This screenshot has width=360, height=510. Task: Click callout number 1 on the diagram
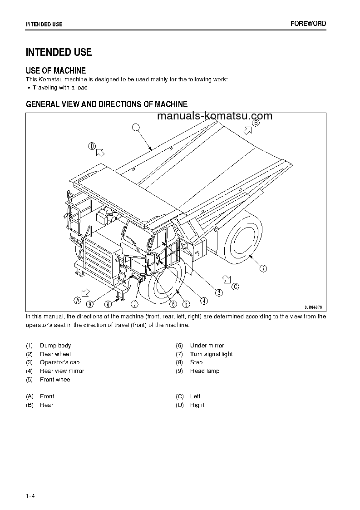[136, 128]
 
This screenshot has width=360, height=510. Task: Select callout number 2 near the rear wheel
[263, 268]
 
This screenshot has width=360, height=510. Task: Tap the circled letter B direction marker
[256, 123]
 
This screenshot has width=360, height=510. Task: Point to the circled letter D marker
[92, 146]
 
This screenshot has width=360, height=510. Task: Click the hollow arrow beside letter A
[85, 292]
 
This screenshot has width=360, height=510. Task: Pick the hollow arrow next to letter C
[227, 279]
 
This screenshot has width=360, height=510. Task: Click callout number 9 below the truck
[90, 304]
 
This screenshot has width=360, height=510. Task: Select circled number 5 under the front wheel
[186, 304]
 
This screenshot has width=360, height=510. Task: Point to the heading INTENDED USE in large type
[59, 52]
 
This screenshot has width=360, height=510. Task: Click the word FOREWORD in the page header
[308, 24]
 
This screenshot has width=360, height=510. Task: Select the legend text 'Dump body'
[55, 346]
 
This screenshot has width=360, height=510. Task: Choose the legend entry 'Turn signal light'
[212, 354]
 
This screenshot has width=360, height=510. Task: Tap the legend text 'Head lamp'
[205, 371]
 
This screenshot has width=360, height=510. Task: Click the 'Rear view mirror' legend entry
[62, 371]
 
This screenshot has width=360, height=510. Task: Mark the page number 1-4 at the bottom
[30, 496]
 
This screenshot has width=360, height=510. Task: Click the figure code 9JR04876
[313, 307]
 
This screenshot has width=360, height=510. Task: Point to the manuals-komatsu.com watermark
[215, 116]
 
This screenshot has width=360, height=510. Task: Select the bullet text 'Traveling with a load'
[60, 88]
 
